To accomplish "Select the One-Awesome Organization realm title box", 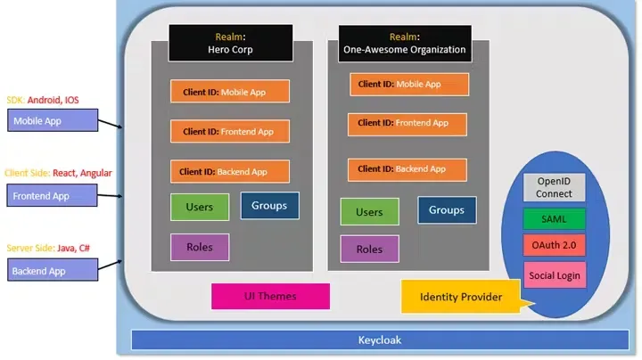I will (404, 43).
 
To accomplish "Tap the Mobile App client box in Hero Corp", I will (230, 91).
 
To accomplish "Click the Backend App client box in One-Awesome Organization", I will (407, 168).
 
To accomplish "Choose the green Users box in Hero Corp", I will (199, 207).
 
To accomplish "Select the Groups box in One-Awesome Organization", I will (447, 210).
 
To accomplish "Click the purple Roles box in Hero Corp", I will (199, 247).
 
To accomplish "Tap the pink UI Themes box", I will (270, 296).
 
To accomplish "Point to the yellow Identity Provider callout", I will (460, 297).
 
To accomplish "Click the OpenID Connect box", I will (554, 187).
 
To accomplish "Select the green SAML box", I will (554, 218).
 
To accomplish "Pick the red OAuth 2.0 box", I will (554, 245).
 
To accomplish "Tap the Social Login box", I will (554, 275).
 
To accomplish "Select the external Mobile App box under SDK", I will (51, 120).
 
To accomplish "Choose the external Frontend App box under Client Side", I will (51, 195).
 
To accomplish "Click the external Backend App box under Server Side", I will (51, 271).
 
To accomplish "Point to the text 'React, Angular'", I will (83, 173).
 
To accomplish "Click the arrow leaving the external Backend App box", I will (110, 264).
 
